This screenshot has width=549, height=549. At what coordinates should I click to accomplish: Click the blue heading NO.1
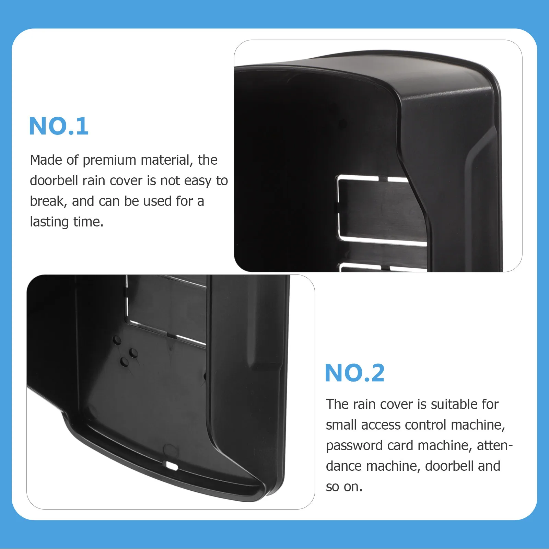[x=59, y=126]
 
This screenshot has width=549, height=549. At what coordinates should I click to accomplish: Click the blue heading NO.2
[x=354, y=373]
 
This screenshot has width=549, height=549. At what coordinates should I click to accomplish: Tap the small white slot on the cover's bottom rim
[x=172, y=466]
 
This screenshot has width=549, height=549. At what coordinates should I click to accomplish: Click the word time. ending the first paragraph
[x=88, y=222]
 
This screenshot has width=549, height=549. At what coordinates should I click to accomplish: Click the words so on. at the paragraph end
[x=344, y=487]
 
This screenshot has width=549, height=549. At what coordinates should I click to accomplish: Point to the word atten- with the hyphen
[x=494, y=446]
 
